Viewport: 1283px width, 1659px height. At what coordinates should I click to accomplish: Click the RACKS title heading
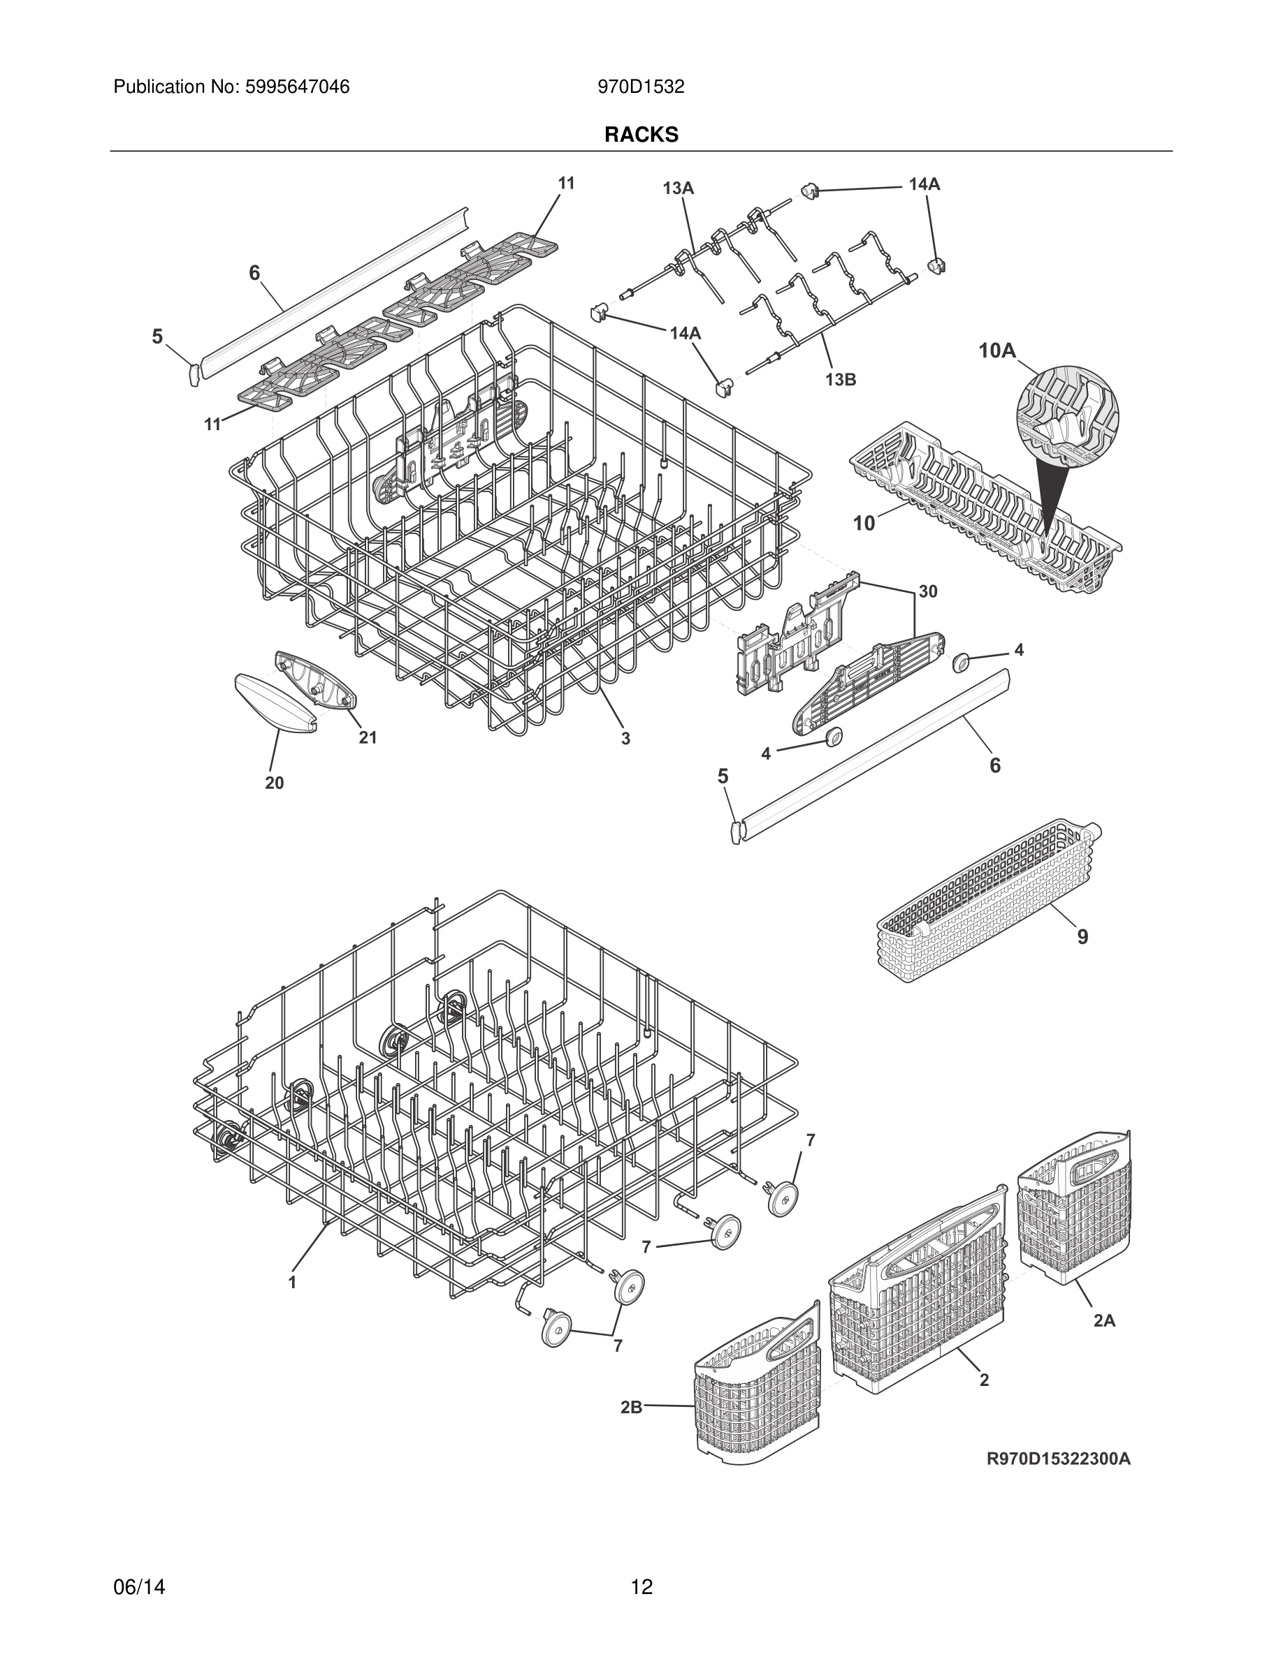(641, 135)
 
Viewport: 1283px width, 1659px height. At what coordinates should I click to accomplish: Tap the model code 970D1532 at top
(641, 87)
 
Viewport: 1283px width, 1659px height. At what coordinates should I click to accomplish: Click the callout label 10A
(997, 351)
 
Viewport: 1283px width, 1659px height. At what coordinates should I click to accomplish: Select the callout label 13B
(841, 380)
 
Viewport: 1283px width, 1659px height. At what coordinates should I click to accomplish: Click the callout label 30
(927, 591)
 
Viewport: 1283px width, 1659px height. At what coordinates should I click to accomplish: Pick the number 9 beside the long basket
(1082, 936)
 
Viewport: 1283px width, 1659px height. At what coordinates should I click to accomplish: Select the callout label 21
(368, 737)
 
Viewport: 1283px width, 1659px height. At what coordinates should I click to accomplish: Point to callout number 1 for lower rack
(292, 1282)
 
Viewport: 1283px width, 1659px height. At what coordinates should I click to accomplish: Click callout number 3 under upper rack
(625, 737)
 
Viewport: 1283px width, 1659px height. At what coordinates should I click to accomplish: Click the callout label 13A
(678, 188)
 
